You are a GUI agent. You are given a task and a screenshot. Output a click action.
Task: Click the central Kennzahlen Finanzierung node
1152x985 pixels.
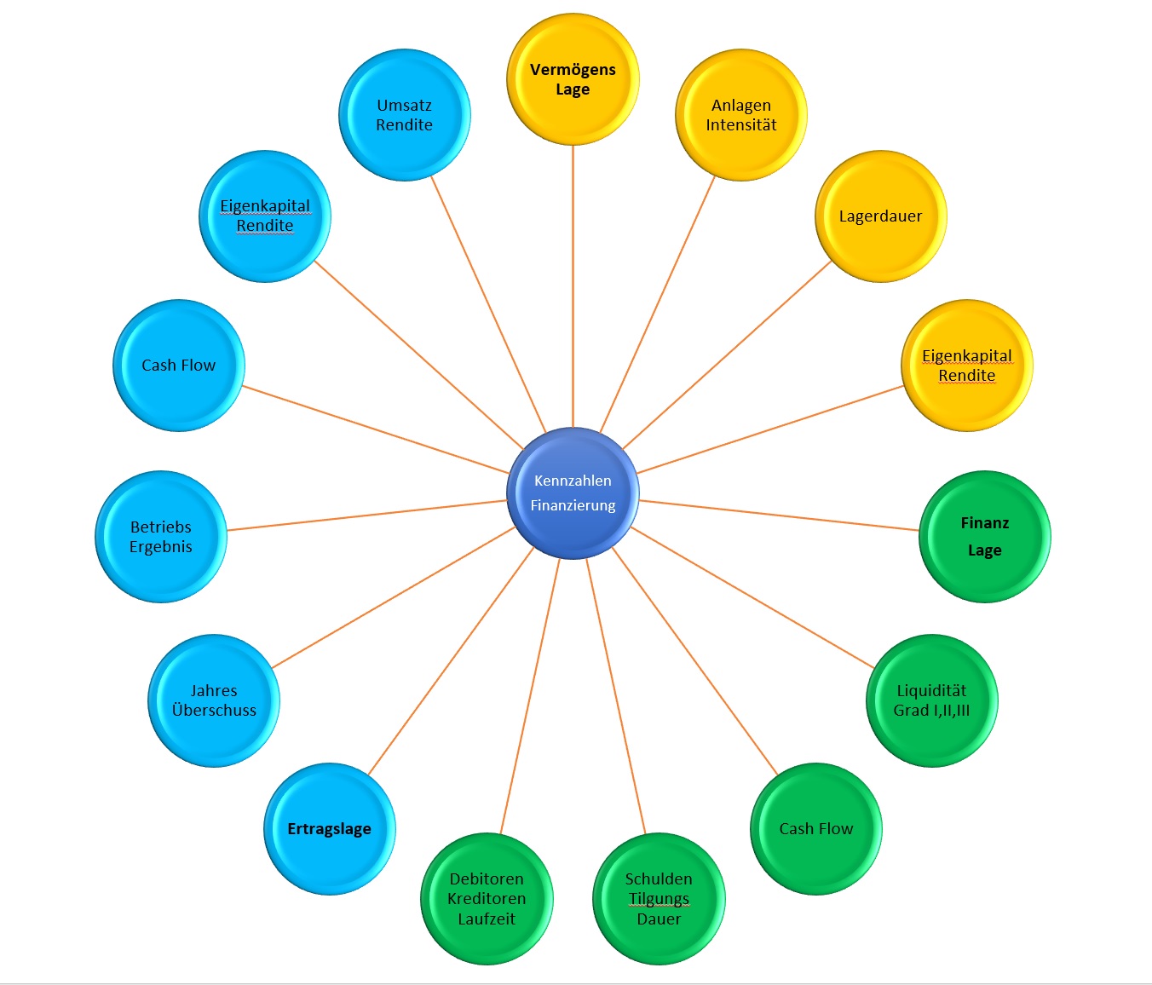573,492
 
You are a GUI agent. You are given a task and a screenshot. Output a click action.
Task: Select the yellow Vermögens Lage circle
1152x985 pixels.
573,79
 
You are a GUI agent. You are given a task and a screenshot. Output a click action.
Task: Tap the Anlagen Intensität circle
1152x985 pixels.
741,115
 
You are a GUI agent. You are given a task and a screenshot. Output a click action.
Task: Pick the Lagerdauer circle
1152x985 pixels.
880,216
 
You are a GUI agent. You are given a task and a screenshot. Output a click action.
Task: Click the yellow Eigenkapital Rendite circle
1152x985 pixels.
967,366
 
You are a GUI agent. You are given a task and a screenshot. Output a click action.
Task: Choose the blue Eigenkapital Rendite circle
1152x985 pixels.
265,216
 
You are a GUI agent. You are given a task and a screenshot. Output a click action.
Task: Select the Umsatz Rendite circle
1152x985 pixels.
405,115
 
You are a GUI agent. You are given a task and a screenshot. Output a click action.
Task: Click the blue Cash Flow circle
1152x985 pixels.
179,366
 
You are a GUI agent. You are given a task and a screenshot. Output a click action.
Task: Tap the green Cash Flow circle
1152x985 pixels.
815,828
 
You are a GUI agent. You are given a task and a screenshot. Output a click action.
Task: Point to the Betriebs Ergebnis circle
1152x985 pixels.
161,537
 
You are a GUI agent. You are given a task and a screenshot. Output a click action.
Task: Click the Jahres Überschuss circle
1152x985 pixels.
214,700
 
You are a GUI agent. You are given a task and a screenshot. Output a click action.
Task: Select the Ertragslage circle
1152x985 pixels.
330,828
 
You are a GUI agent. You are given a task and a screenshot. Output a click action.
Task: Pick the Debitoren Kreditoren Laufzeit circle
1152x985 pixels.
487,898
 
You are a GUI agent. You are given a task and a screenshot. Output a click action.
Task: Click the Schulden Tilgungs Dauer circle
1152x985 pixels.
659,898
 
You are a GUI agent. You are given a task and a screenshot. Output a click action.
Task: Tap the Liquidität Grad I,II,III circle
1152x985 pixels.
931,700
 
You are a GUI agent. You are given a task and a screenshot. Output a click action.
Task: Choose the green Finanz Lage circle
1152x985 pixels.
984,537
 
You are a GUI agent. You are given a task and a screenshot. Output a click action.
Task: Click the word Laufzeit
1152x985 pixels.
487,919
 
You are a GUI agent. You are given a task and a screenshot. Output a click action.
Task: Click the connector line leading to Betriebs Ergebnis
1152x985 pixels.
366,515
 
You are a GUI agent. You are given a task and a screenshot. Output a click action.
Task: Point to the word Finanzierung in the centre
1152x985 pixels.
573,505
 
